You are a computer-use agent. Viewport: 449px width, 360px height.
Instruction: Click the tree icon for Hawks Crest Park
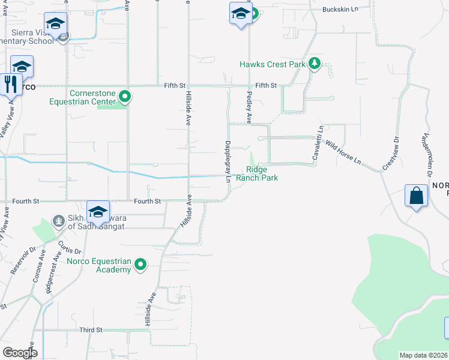click(x=313, y=64)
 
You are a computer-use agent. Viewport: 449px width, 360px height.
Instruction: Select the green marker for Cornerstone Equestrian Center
click(x=124, y=96)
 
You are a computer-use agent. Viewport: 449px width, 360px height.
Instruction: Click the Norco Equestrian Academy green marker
click(x=140, y=264)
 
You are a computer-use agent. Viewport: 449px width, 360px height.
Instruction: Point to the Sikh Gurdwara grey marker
click(x=58, y=221)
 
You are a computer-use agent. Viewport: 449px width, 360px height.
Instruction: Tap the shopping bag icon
click(x=417, y=196)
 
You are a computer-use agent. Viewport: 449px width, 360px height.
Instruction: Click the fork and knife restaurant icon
click(x=10, y=83)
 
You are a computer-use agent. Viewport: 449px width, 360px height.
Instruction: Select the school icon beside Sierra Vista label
click(x=55, y=25)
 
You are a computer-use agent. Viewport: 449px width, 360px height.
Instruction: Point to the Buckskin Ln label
click(x=340, y=10)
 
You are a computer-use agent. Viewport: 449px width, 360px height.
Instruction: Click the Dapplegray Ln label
click(x=228, y=157)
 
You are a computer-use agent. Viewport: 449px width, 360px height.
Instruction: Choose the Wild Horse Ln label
click(x=344, y=152)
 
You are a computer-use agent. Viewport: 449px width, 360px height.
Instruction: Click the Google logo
click(x=20, y=352)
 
